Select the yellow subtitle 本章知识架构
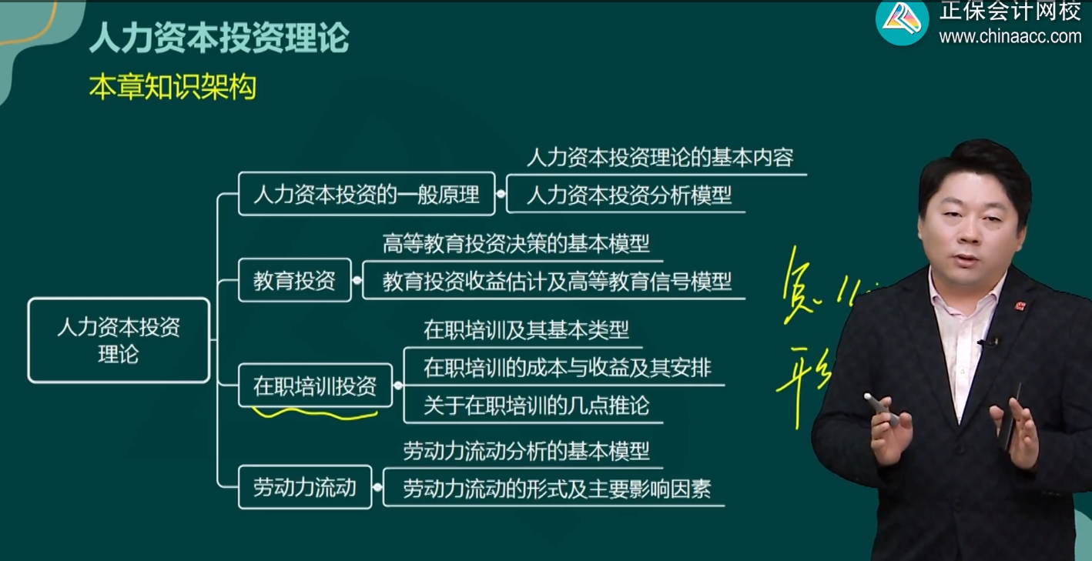pyautogui.click(x=172, y=88)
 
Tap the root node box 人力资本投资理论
pyautogui.click(x=119, y=340)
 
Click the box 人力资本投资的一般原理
pyautogui.click(x=366, y=194)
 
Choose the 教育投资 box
pyautogui.click(x=294, y=281)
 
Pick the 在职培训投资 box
pyautogui.click(x=315, y=386)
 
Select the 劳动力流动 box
pyautogui.click(x=305, y=487)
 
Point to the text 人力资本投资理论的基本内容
pyautogui.click(x=659, y=158)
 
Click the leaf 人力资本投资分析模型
pyautogui.click(x=628, y=195)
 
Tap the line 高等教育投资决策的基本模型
pyautogui.click(x=516, y=244)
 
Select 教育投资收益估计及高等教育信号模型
pyautogui.click(x=556, y=282)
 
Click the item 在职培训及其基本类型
pyautogui.click(x=526, y=330)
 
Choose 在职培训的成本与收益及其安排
pyautogui.click(x=567, y=368)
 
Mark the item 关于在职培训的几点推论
pyautogui.click(x=536, y=406)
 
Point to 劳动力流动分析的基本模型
pyautogui.click(x=526, y=451)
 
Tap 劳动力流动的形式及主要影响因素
pyautogui.click(x=556, y=488)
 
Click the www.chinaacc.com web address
pyautogui.click(x=1010, y=36)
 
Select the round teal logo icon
pyautogui.click(x=902, y=21)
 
